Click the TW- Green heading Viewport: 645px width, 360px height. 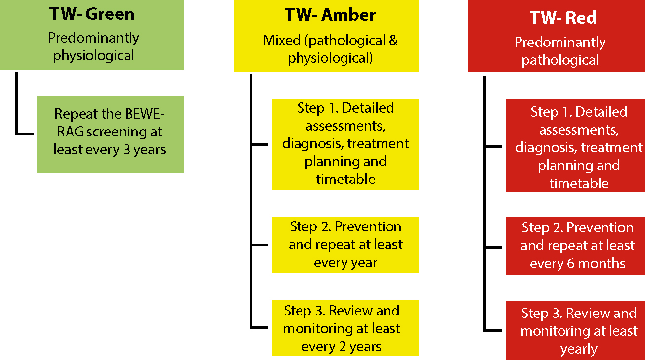coord(92,14)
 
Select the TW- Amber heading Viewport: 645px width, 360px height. coord(330,15)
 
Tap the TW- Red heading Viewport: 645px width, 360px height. coord(563,18)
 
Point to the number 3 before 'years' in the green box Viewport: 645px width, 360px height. coord(127,149)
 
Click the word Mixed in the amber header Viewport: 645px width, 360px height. coord(282,40)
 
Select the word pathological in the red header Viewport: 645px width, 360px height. coord(560,60)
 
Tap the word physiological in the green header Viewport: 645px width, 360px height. coord(93,55)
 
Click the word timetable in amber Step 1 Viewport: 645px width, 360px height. coord(345,179)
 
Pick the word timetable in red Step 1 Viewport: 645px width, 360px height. coord(579,183)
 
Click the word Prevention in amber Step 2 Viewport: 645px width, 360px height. coord(368,226)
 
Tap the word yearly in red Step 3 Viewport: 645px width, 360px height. coord(579,349)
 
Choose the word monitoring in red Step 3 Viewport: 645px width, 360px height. coord(556,331)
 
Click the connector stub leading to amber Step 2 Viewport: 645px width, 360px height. coord(259,245)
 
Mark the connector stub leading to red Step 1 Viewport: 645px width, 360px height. coord(494,146)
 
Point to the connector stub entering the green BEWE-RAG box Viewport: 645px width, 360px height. coord(25,134)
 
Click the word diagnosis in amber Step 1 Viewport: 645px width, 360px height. coord(313,144)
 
